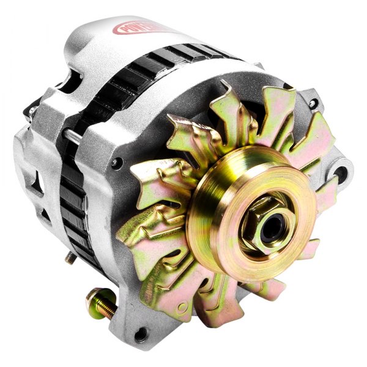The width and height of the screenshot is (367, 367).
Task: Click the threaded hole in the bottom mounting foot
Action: point(141,334)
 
